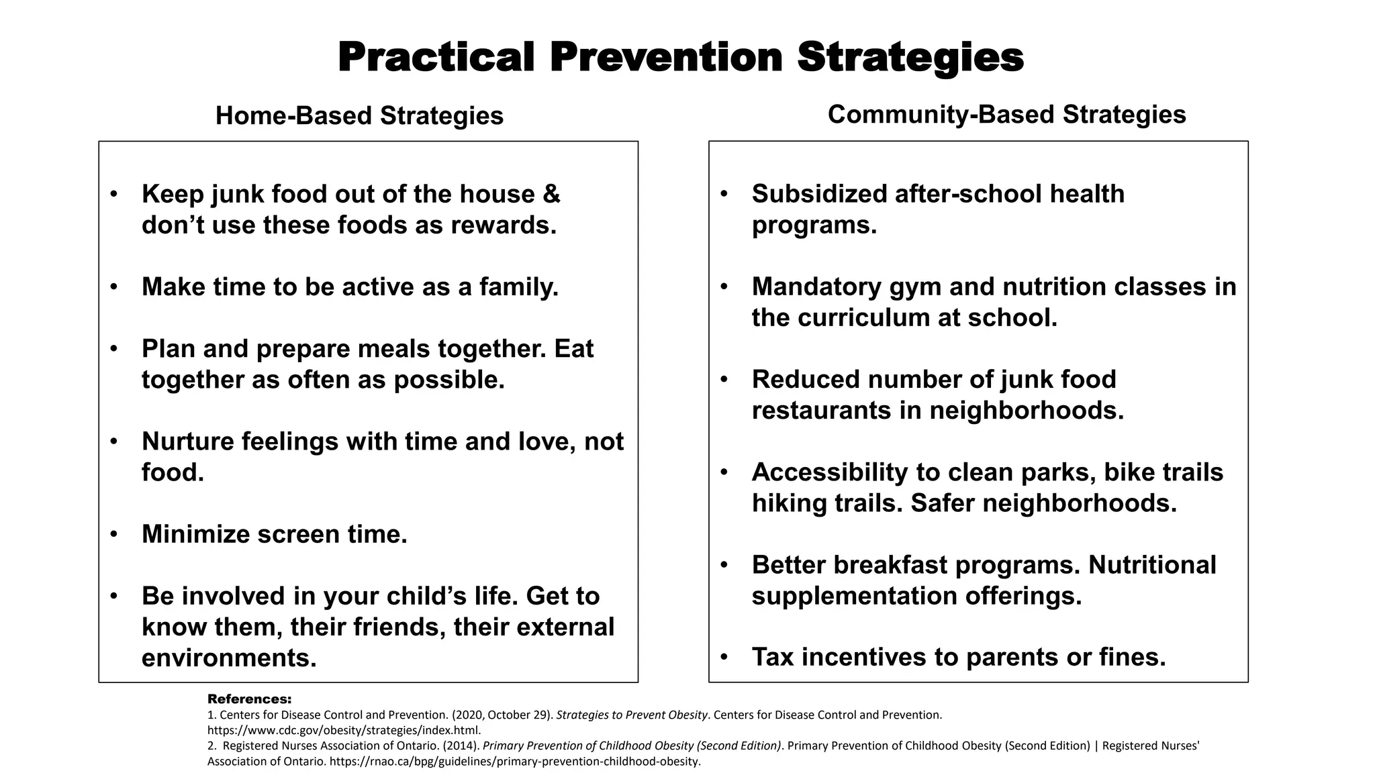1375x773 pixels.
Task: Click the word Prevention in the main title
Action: (666, 58)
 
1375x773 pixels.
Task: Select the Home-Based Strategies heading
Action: (359, 116)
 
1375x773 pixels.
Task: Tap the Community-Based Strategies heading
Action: (1006, 115)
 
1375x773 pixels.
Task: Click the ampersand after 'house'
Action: (551, 195)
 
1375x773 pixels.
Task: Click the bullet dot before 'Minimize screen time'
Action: (114, 535)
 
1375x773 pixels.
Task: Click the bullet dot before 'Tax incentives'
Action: (724, 658)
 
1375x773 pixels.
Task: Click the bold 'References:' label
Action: (249, 699)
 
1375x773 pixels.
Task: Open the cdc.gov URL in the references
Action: (343, 730)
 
